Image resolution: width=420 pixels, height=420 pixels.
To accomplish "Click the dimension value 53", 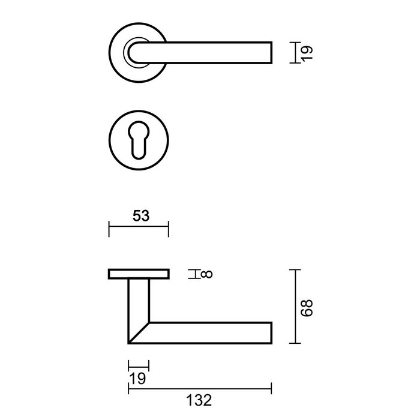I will pos(139,216).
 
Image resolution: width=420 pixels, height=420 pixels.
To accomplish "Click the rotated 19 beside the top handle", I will pos(306,52).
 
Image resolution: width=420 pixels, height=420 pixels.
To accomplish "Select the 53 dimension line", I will pos(139,229).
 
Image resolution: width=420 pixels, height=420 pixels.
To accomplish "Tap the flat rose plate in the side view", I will pos(139,275).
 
